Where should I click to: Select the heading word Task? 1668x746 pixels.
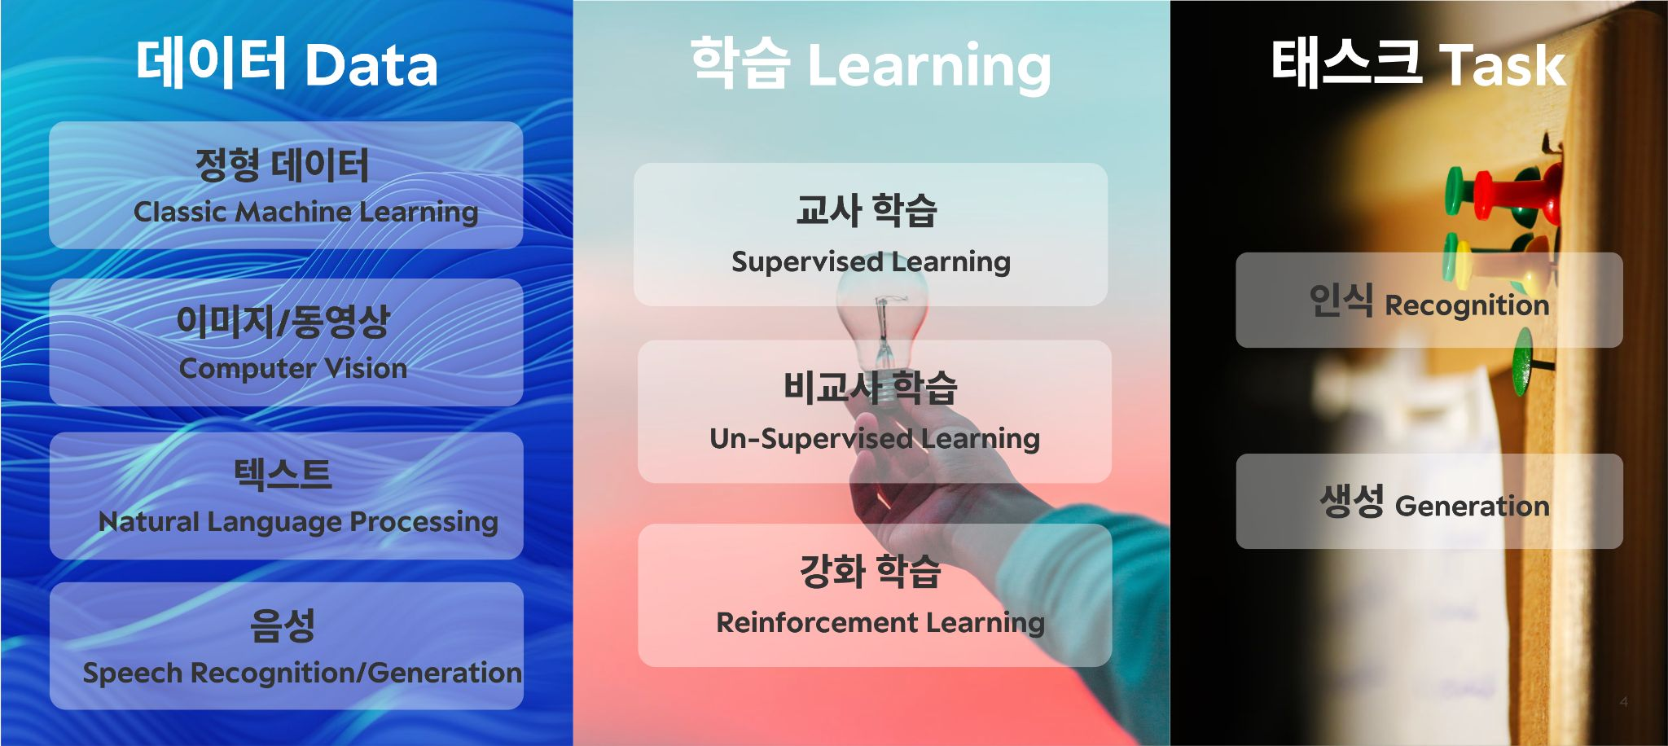(x=1502, y=65)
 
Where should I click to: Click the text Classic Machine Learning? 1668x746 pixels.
(x=305, y=212)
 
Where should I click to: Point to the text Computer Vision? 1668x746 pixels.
(x=293, y=368)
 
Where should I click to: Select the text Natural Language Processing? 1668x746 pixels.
(x=298, y=521)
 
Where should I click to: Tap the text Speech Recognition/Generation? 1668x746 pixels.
(x=302, y=673)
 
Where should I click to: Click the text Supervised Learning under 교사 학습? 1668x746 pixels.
(x=871, y=261)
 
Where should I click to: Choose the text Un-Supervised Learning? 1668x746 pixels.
(x=875, y=439)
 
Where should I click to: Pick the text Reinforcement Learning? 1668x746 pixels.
(x=880, y=623)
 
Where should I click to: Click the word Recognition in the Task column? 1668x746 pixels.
(x=1467, y=305)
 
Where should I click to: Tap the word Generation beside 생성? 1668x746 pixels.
(x=1473, y=506)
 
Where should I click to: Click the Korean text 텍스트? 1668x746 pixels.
(x=283, y=474)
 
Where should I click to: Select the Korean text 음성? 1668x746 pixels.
(x=283, y=625)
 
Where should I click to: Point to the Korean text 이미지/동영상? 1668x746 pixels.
(x=283, y=321)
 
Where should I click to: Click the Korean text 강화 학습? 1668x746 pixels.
(x=870, y=571)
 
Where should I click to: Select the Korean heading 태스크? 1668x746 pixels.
(x=1345, y=64)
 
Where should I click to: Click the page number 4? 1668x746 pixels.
(x=1623, y=701)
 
